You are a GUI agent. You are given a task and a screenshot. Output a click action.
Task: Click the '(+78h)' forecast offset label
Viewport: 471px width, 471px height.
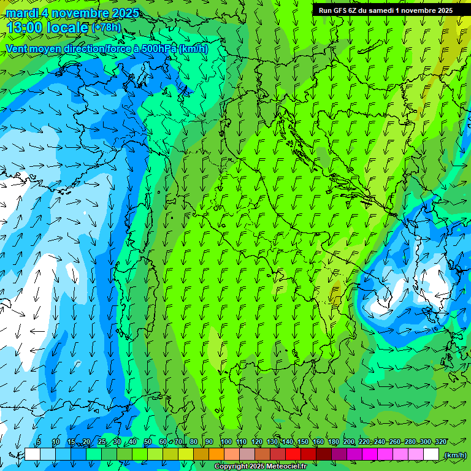tap(106, 28)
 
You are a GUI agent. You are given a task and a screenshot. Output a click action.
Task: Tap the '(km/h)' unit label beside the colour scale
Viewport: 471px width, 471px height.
tap(455, 454)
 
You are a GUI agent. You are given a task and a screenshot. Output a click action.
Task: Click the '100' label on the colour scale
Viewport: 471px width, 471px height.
tap(226, 442)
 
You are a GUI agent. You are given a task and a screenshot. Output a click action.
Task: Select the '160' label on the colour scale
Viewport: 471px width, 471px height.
tap(318, 442)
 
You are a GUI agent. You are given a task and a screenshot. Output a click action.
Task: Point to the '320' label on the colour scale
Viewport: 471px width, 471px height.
tap(440, 442)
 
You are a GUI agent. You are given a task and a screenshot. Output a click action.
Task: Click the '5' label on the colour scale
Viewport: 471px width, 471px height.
tap(39, 442)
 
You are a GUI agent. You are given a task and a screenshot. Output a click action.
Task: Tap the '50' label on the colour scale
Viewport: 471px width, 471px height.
tap(148, 442)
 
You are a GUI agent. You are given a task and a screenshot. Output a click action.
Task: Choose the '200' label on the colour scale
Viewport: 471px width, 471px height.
tap(348, 442)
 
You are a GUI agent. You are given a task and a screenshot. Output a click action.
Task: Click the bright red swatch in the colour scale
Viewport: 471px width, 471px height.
tap(293, 454)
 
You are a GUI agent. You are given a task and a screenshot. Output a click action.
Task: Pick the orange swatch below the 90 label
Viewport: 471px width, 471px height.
tap(216, 454)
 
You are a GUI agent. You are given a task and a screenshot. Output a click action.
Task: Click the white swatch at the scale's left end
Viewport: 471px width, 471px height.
tap(33, 454)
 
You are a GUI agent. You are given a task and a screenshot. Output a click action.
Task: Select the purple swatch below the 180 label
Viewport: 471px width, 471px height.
tap(339, 454)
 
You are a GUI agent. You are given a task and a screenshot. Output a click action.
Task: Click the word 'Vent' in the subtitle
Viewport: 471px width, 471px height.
tap(17, 48)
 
